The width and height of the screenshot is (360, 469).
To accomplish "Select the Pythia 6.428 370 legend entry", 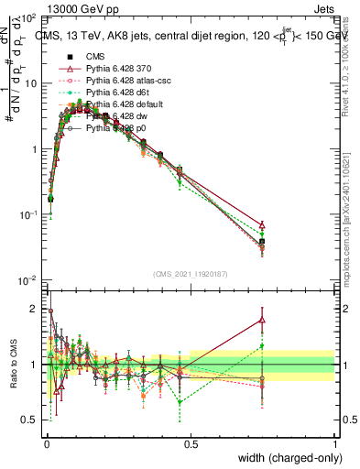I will [x=121, y=70].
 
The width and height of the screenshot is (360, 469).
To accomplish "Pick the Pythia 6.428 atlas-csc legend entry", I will [x=128, y=82].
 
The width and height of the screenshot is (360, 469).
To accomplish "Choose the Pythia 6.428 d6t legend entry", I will [x=120, y=93].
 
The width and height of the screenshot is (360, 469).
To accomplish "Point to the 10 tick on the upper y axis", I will [x=30, y=83].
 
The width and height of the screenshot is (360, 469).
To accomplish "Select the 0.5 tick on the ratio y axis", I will [x=30, y=420].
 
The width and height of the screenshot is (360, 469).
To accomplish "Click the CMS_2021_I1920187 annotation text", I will [x=191, y=273].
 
